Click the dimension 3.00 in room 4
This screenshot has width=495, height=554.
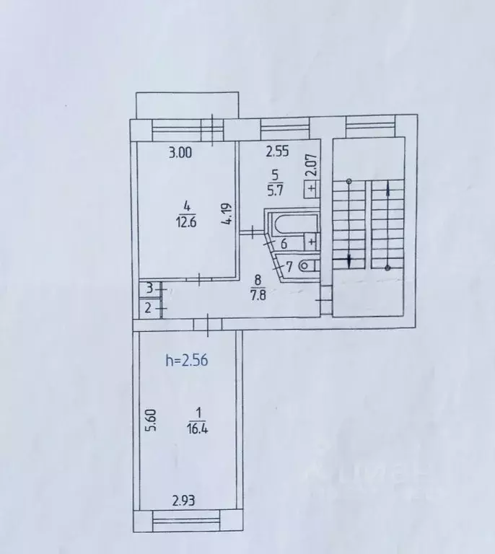[181, 152]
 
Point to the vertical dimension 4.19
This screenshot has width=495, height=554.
[227, 215]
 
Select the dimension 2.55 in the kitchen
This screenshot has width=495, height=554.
[278, 152]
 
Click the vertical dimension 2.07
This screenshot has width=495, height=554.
[312, 167]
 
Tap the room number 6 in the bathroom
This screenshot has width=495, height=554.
[284, 245]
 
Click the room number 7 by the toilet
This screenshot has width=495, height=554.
[289, 267]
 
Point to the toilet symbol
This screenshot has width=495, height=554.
[307, 266]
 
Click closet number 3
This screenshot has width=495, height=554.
[149, 289]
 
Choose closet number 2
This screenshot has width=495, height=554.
[149, 309]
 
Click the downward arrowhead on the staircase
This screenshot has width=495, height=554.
[350, 260]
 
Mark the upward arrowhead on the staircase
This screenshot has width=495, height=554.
[389, 189]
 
